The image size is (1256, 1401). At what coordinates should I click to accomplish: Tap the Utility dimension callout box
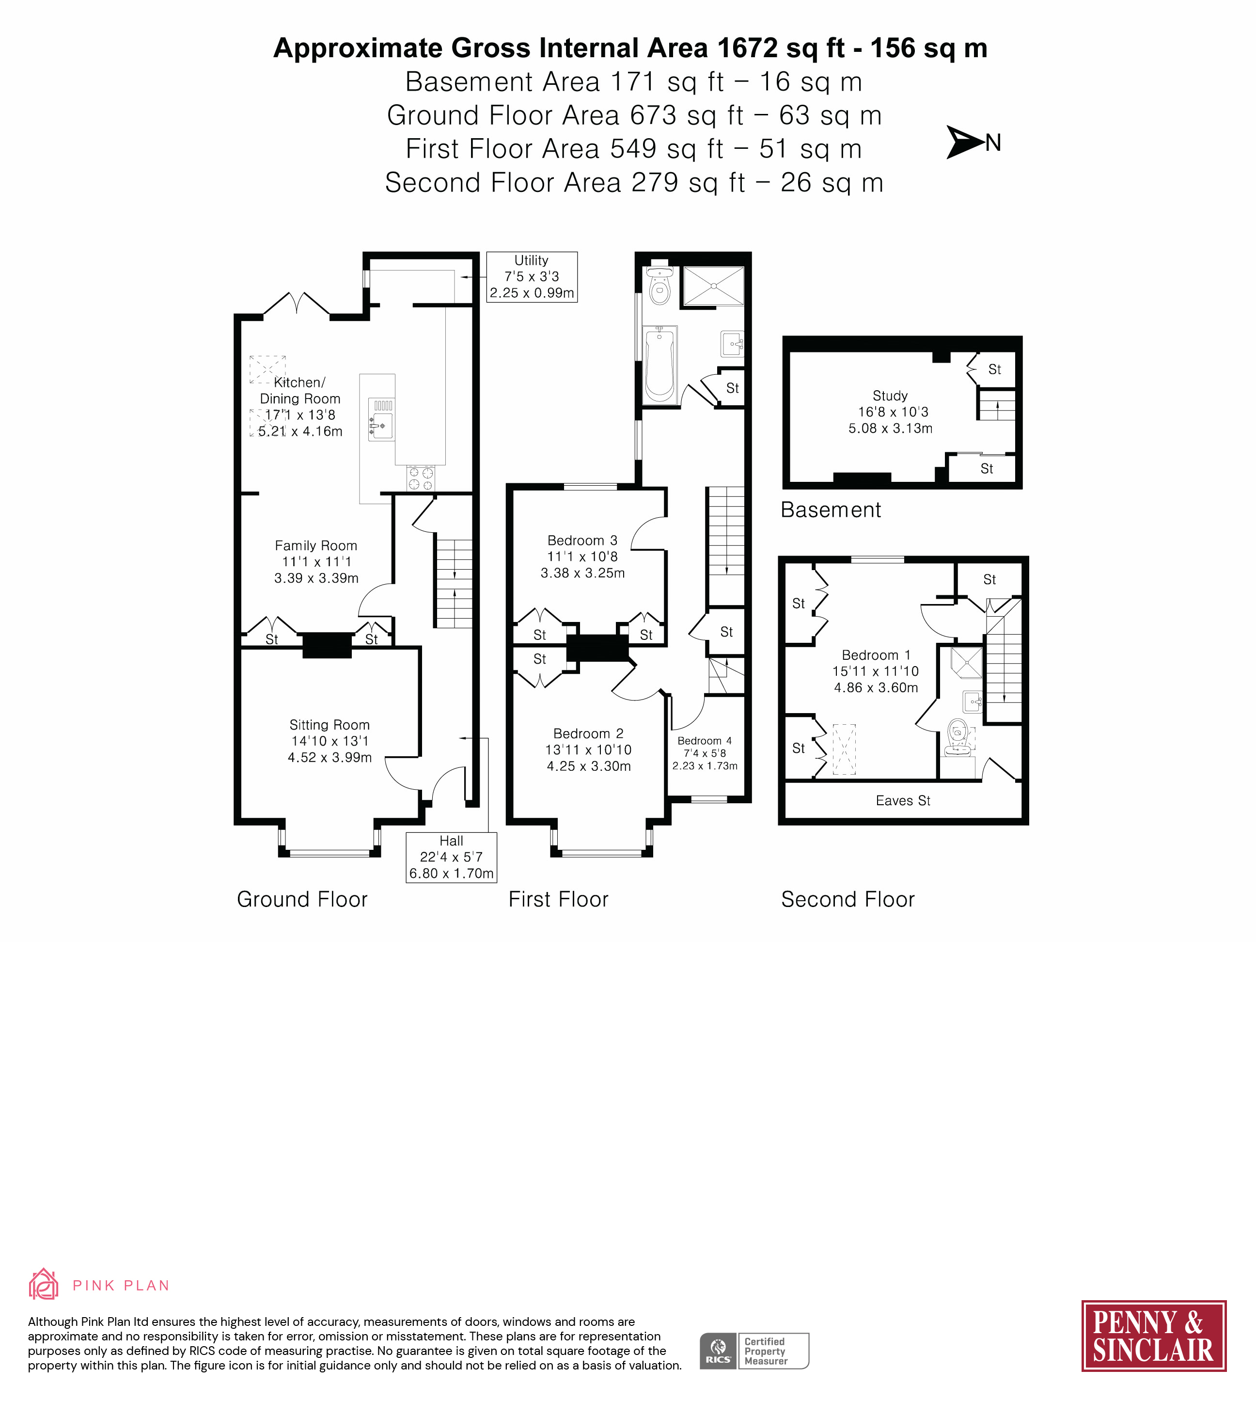tap(532, 277)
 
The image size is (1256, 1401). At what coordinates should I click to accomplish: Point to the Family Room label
tap(316, 545)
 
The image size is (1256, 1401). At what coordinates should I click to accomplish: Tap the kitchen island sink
tap(381, 419)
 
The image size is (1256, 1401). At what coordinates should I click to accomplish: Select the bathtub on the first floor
tap(660, 364)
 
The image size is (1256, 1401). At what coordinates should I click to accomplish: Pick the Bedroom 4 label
tap(705, 741)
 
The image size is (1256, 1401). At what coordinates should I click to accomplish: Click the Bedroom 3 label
tap(582, 541)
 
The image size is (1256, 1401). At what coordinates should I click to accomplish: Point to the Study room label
tap(890, 396)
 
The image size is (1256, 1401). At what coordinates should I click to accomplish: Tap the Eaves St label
tap(903, 801)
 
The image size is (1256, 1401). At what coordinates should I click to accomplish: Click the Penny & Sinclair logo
tap(1153, 1336)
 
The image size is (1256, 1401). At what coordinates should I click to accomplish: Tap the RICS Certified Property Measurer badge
tap(754, 1351)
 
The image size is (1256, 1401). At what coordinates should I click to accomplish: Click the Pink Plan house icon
tap(43, 1284)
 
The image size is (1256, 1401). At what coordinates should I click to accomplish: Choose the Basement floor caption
tap(831, 510)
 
